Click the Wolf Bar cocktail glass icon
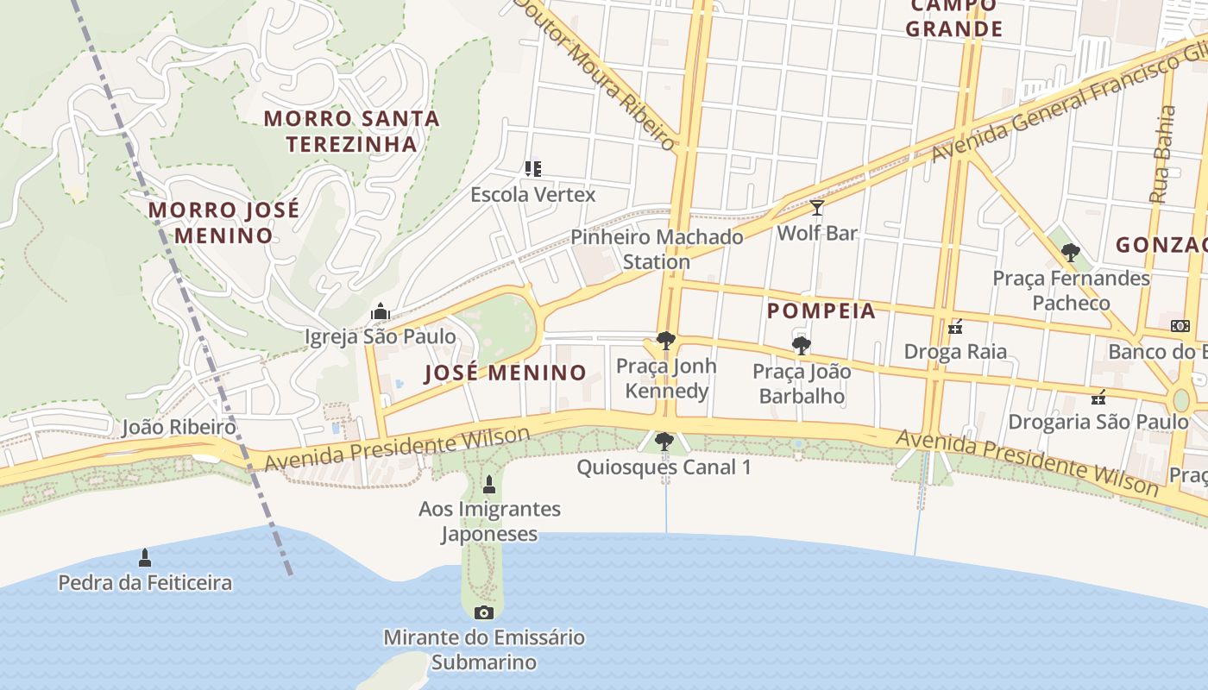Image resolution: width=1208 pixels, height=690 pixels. pyautogui.click(x=816, y=208)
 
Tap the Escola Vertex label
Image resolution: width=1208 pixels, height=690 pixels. pyautogui.click(x=532, y=195)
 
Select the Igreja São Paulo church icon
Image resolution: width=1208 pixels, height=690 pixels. pyautogui.click(x=381, y=311)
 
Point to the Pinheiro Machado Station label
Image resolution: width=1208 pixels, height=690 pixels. pyautogui.click(x=657, y=249)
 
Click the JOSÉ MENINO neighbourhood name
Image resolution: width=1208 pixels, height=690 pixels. pyautogui.click(x=506, y=373)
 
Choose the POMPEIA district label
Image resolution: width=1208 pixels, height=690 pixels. pyautogui.click(x=821, y=311)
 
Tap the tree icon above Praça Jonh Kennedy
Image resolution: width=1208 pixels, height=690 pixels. pyautogui.click(x=665, y=341)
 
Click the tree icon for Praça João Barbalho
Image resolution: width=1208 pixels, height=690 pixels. pyautogui.click(x=801, y=347)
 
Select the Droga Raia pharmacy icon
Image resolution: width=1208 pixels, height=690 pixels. pyautogui.click(x=955, y=327)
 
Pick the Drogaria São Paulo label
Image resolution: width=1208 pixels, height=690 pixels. pyautogui.click(x=1098, y=422)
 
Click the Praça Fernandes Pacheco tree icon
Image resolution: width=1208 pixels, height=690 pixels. pyautogui.click(x=1071, y=253)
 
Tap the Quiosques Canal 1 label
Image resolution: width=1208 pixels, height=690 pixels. pyautogui.click(x=664, y=467)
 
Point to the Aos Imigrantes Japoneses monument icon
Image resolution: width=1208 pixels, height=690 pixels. pyautogui.click(x=489, y=485)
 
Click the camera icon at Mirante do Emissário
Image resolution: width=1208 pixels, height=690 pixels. pyautogui.click(x=484, y=612)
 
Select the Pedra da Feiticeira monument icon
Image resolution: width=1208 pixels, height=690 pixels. pyautogui.click(x=145, y=558)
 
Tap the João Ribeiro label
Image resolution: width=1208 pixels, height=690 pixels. pyautogui.click(x=179, y=427)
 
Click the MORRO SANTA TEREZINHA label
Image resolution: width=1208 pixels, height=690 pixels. pyautogui.click(x=351, y=131)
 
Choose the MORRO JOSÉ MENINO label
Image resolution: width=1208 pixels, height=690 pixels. pyautogui.click(x=223, y=223)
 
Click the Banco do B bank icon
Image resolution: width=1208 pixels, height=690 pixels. pyautogui.click(x=1180, y=326)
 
